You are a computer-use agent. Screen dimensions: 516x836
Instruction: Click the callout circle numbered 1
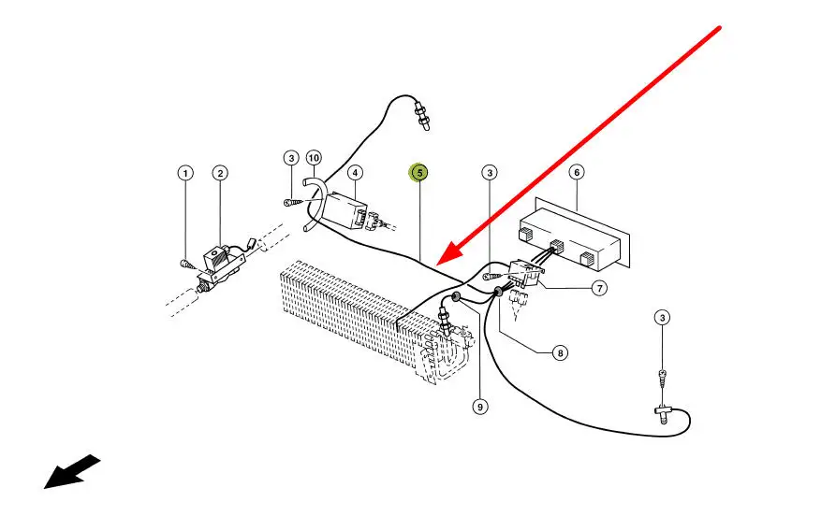point(185,173)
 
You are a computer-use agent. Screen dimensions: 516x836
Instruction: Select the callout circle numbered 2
point(219,173)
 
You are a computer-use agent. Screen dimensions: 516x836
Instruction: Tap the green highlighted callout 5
point(419,172)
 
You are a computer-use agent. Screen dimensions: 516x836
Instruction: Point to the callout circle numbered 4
point(355,172)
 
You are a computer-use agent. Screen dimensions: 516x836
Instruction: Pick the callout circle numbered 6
point(577,172)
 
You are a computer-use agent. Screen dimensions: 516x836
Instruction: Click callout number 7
point(598,288)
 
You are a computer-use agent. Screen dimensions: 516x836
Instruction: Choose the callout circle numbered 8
point(560,352)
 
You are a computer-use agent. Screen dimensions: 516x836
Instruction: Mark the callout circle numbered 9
point(480,407)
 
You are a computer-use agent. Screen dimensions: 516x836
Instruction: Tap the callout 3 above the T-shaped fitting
point(662,319)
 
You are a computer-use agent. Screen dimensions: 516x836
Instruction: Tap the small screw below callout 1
point(187,265)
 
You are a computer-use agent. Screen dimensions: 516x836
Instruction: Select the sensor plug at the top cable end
point(423,116)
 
